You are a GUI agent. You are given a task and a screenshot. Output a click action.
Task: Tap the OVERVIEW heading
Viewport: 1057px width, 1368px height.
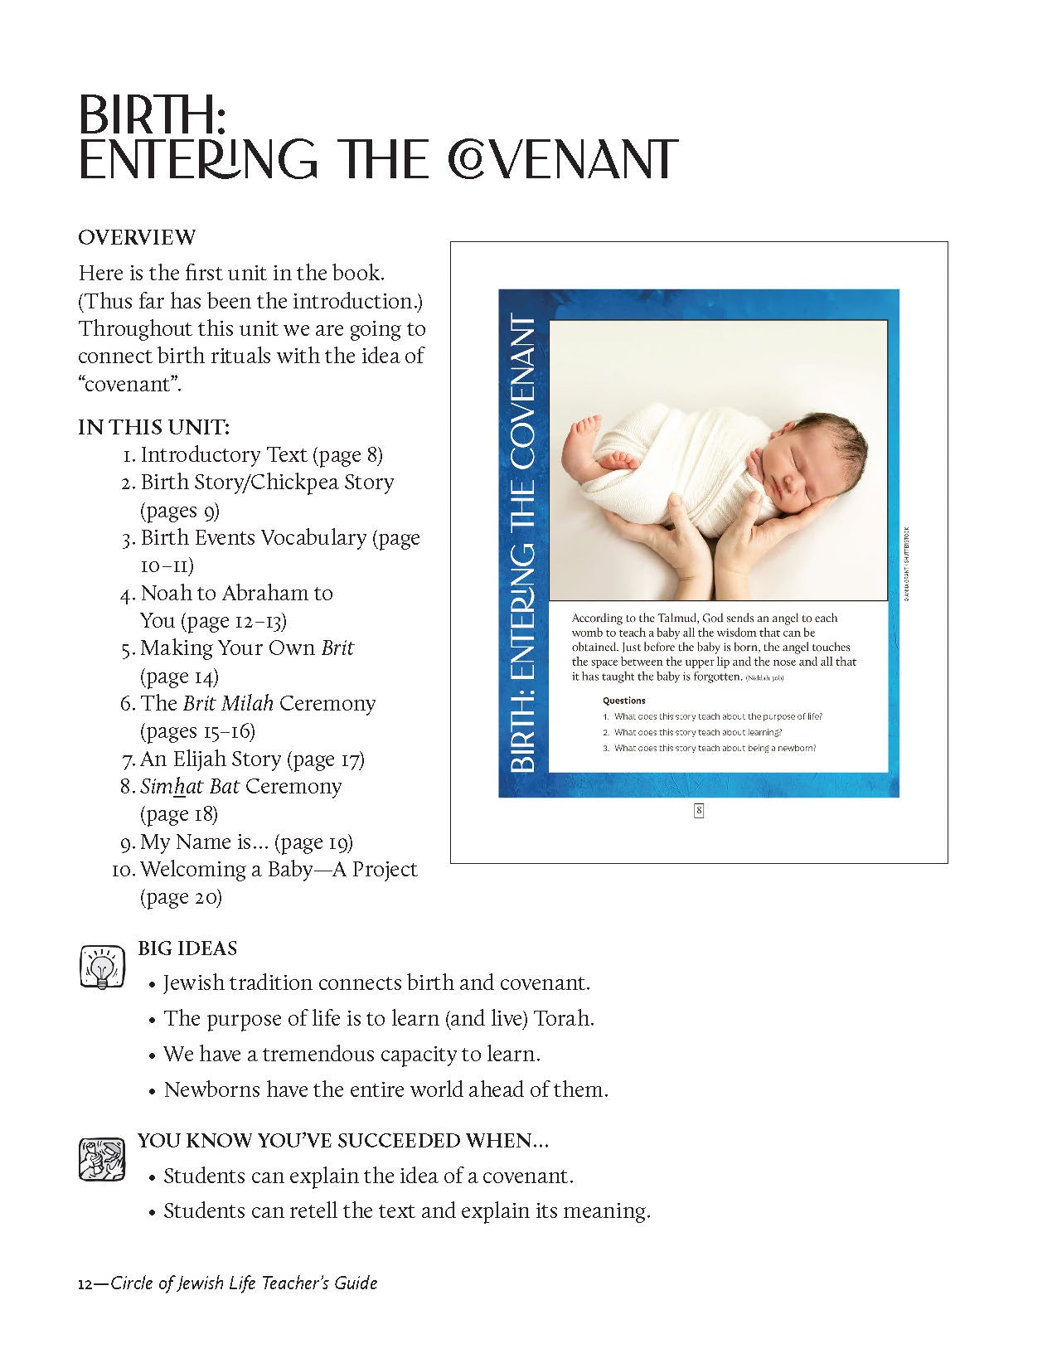137,237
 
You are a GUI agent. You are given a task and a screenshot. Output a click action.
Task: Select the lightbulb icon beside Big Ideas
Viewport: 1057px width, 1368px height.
101,966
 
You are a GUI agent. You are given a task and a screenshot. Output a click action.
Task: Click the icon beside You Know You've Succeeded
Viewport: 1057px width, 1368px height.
101,1158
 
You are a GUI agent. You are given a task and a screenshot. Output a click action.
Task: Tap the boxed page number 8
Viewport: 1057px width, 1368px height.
699,811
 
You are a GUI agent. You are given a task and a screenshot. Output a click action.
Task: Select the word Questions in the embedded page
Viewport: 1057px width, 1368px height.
624,701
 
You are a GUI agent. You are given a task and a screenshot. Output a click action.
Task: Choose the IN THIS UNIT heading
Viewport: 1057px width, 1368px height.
153,427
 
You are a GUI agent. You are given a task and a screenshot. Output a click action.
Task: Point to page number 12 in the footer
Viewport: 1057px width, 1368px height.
84,1283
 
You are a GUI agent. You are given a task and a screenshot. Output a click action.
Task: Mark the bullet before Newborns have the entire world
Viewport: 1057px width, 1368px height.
152,1091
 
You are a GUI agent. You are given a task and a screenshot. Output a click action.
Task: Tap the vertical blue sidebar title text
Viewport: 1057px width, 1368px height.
523,543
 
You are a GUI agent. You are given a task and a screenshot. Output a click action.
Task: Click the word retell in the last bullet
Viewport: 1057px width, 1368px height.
313,1210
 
